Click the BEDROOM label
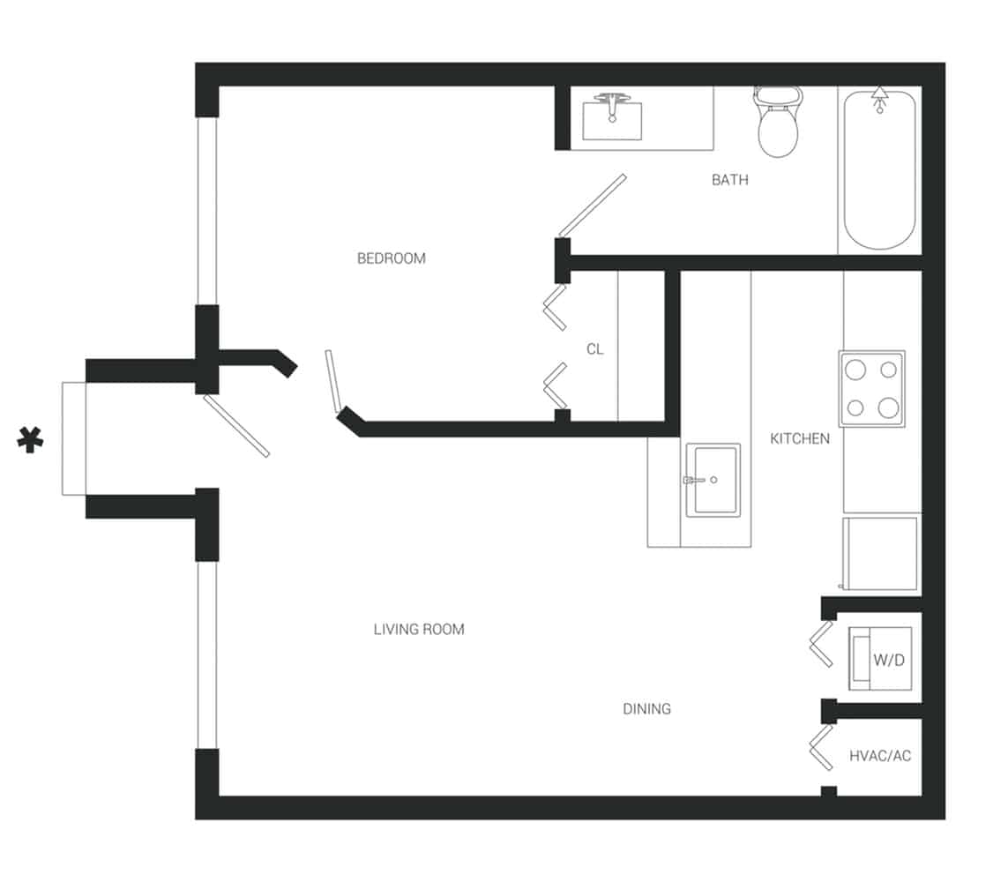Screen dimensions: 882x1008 391,258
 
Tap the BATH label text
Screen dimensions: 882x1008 729,180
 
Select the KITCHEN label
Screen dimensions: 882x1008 800,438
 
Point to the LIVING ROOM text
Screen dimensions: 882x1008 419,630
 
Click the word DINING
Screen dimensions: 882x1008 646,708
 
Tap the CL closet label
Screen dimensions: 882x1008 594,349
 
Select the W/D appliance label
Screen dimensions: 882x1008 889,660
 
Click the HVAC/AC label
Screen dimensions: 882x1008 879,757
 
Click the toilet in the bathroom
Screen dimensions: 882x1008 779,123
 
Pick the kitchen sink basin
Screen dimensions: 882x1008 713,480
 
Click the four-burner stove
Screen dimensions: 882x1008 871,389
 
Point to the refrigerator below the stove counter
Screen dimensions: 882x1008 880,554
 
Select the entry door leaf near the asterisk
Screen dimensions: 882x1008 236,425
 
